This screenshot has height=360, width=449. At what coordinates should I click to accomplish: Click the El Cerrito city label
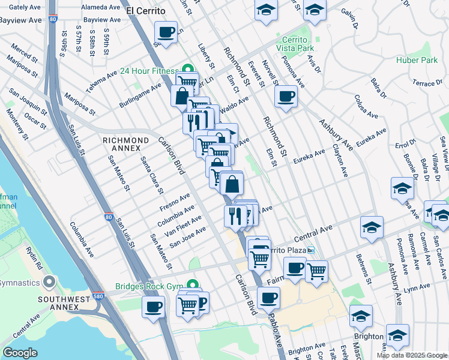pyautogui.click(x=145, y=11)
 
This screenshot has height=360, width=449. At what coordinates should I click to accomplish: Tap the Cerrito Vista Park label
pyautogui.click(x=295, y=44)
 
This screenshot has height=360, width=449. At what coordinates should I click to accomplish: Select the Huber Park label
pyautogui.click(x=417, y=61)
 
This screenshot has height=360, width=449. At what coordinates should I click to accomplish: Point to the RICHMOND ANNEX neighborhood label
pyautogui.click(x=125, y=145)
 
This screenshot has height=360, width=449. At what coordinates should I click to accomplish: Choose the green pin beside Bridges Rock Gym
pyautogui.click(x=192, y=284)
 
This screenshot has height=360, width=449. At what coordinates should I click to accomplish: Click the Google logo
pyautogui.click(x=20, y=353)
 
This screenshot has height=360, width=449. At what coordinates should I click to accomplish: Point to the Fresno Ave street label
pyautogui.click(x=175, y=202)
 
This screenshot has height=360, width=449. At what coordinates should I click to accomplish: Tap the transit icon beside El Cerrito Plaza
pyautogui.click(x=310, y=250)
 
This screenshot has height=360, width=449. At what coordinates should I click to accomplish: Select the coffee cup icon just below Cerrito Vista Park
pyautogui.click(x=286, y=95)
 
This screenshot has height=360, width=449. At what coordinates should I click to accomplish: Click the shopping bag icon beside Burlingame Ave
pyautogui.click(x=181, y=96)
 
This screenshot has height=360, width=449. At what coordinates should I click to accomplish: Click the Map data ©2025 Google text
pyautogui.click(x=412, y=355)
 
